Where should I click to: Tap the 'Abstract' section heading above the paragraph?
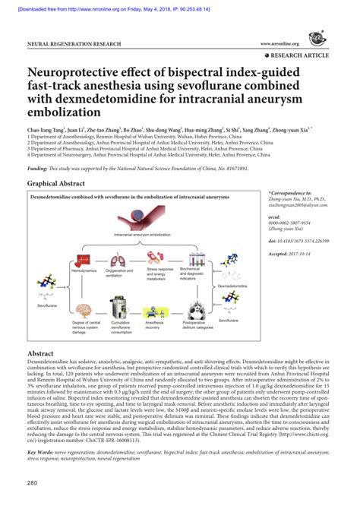coord(39,354)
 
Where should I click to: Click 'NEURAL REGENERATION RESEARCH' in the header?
coord(74,45)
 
